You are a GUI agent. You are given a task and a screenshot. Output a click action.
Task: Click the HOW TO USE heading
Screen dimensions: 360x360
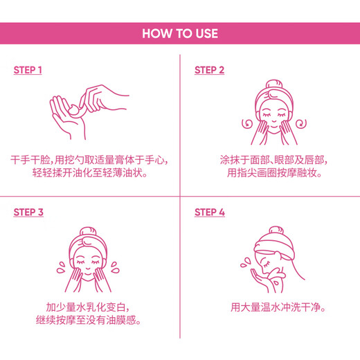click(x=180, y=33)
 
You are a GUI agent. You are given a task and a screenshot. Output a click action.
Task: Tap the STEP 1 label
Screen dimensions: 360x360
click(x=28, y=70)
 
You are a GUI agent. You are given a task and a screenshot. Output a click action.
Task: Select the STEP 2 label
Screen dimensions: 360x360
click(x=209, y=70)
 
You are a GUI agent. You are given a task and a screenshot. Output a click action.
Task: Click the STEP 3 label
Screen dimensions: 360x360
click(x=28, y=212)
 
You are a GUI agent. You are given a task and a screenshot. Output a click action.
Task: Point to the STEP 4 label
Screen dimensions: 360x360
click(x=209, y=212)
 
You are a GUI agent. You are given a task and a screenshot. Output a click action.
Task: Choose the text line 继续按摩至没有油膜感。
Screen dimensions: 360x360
click(x=89, y=321)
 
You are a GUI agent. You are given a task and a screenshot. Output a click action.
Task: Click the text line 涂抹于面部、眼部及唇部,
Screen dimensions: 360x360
click(x=271, y=160)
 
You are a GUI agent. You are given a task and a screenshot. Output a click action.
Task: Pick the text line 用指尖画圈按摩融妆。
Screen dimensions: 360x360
click(x=271, y=174)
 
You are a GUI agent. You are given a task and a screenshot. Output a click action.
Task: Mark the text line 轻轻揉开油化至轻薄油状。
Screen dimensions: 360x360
click(x=89, y=174)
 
